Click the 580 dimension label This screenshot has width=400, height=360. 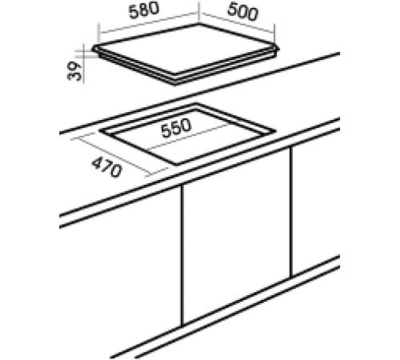[144, 14]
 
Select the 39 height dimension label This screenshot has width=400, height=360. [74, 71]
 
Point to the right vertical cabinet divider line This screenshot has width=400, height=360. [292, 212]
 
